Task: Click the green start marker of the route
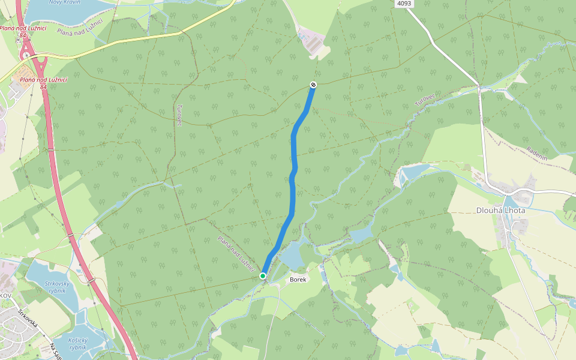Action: (263, 276)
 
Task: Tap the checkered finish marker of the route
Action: (313, 85)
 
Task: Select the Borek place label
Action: (298, 280)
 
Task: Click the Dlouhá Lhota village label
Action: (500, 211)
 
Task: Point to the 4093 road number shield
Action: (404, 4)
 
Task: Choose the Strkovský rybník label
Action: (58, 287)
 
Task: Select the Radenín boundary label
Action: (537, 151)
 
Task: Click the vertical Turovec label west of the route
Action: (179, 115)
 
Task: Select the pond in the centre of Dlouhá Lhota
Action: (513, 202)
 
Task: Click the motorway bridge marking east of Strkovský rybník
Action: (91, 280)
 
